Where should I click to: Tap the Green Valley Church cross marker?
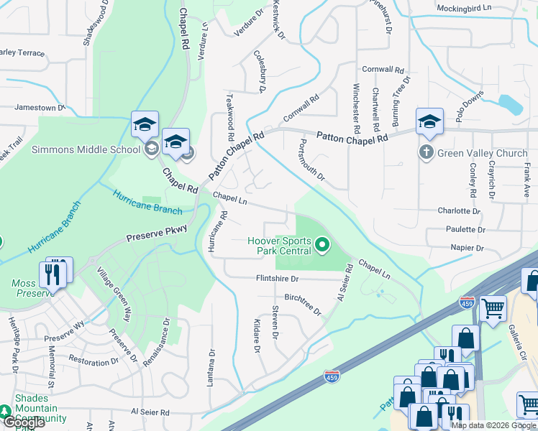[426, 152]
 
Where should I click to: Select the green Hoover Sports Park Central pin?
[322, 246]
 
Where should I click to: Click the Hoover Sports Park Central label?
[279, 246]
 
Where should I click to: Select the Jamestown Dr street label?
[40, 108]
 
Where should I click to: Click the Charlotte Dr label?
[458, 211]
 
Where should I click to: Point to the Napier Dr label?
[468, 248]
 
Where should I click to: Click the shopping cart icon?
[493, 308]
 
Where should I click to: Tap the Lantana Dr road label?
[211, 368]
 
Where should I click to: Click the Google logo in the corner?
[23, 422]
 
